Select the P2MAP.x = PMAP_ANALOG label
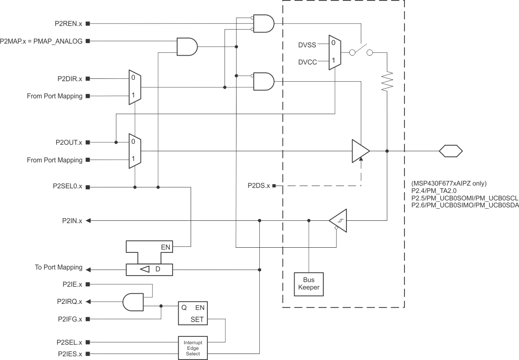point(41,41)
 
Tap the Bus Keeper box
point(308,284)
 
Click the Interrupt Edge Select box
point(193,347)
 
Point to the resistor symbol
point(387,81)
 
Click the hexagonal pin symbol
point(451,151)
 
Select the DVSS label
point(308,45)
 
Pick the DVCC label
point(308,61)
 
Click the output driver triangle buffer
point(360,151)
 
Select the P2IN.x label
point(72,221)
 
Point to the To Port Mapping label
point(58,268)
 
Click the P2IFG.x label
point(70,319)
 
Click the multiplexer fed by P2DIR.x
point(135,87)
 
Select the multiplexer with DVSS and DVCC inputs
point(334,52)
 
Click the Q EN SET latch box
point(193,314)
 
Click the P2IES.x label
point(70,354)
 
